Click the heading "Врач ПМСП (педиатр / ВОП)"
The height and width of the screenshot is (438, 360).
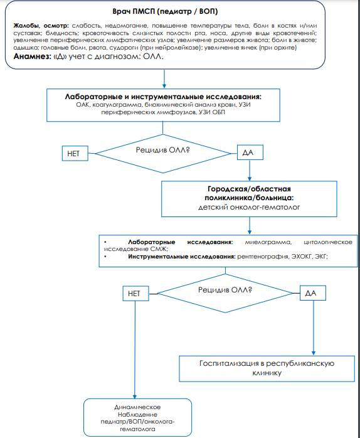point(165,12)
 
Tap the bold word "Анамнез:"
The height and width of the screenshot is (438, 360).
point(32,56)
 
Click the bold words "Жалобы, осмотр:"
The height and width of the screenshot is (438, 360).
point(41,26)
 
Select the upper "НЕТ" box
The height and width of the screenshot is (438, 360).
point(75,153)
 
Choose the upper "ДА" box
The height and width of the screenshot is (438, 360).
point(250,152)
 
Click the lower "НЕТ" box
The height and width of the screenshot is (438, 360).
point(135,294)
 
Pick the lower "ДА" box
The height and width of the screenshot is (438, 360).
point(313,293)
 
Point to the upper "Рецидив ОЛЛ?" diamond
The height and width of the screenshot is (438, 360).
point(163,154)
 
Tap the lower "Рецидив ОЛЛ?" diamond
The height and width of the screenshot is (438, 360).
point(225,293)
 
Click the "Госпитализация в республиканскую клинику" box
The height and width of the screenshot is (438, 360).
point(267,369)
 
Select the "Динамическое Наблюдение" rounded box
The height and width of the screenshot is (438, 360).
point(138,418)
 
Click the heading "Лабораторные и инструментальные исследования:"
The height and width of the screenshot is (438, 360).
point(163,97)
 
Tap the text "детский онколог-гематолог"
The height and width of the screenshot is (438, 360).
point(249,208)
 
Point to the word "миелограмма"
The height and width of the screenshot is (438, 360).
point(268,242)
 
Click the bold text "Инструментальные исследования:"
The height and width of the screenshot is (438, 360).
point(182,257)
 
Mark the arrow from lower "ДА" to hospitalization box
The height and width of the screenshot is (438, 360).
point(314,328)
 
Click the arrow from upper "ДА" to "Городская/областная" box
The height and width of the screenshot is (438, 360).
point(250,171)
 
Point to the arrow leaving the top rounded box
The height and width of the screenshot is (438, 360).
point(164,79)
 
